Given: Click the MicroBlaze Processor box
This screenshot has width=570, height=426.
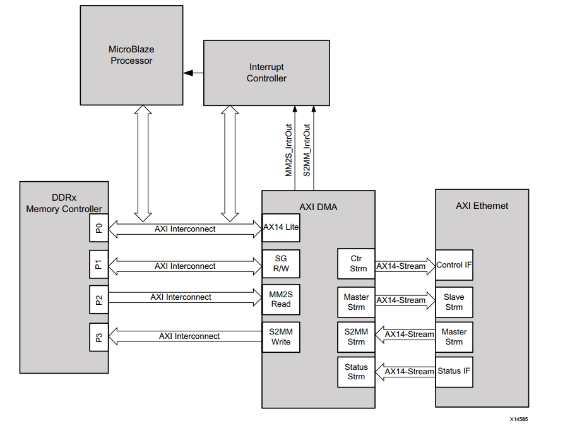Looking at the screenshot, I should (x=131, y=56).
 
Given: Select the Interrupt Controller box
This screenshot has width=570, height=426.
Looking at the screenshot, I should (x=266, y=73).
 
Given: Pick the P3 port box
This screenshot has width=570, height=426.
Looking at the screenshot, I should (x=98, y=336).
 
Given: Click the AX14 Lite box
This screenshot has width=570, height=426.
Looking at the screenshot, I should (x=281, y=227).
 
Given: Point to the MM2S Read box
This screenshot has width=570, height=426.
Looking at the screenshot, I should (x=281, y=299).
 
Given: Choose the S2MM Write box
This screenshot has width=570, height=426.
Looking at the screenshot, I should (x=281, y=336).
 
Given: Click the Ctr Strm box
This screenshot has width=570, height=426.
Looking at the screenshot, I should (x=356, y=264).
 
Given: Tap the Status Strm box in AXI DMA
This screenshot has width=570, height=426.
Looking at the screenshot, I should (x=356, y=372).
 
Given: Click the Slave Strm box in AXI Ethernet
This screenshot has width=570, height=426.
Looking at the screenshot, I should (x=454, y=302).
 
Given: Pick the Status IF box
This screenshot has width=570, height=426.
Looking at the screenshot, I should (x=454, y=371).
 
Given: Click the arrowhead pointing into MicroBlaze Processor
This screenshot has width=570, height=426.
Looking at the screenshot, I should (x=187, y=73).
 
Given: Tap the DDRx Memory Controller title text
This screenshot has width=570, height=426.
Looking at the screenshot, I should (x=64, y=203).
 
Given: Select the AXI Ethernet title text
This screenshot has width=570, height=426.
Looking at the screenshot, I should (x=482, y=206).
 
